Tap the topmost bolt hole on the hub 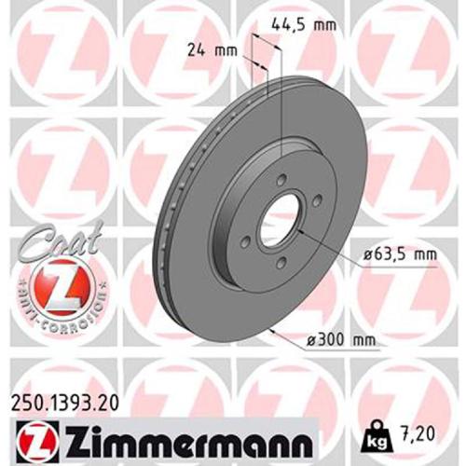(x=279, y=181)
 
